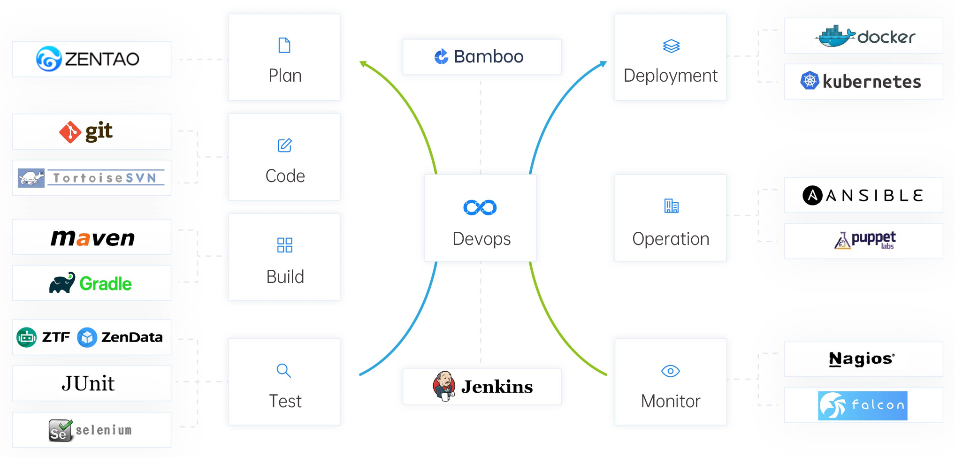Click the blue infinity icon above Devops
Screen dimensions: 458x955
click(x=480, y=207)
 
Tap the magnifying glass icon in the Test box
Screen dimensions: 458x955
click(x=284, y=371)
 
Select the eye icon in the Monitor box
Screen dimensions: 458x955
click(x=670, y=371)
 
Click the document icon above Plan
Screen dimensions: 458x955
click(x=284, y=46)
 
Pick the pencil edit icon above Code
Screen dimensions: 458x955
click(x=284, y=145)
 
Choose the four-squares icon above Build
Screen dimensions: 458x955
click(x=284, y=245)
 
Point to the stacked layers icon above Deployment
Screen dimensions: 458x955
click(x=671, y=46)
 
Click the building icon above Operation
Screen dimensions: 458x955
click(x=671, y=206)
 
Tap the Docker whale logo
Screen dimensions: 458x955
click(x=834, y=37)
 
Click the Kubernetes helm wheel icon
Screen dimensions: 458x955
click(x=810, y=81)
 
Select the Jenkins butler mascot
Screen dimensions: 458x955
click(x=443, y=386)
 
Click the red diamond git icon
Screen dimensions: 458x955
click(x=70, y=132)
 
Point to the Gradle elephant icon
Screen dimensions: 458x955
click(x=62, y=283)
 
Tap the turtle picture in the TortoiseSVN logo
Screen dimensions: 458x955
click(x=31, y=178)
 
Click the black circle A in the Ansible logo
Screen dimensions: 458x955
click(x=812, y=195)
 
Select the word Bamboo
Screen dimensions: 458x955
click(x=489, y=57)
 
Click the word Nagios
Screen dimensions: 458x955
click(x=862, y=359)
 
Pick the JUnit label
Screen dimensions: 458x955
click(x=88, y=383)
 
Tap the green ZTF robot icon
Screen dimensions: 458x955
click(x=26, y=337)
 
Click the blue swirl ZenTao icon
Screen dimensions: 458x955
click(x=49, y=59)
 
